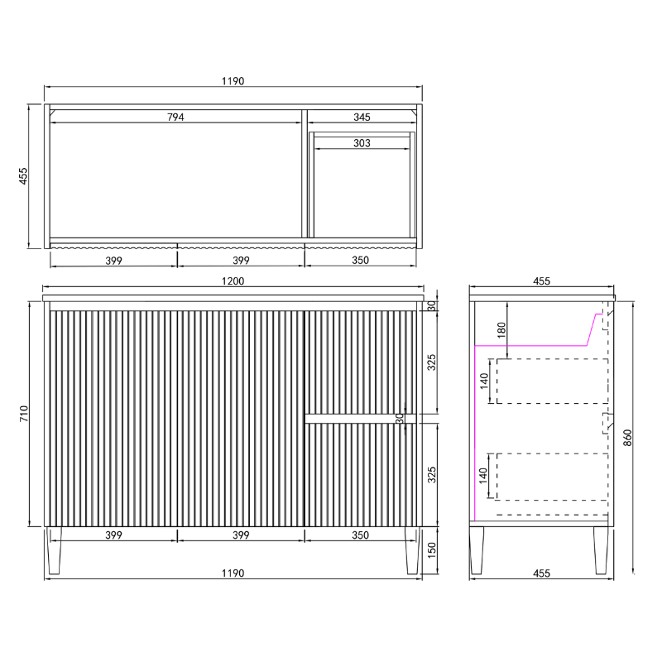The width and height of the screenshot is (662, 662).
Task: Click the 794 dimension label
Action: (x=175, y=117)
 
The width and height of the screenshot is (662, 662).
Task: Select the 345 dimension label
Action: (x=362, y=117)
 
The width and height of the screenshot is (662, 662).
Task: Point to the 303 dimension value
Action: (x=362, y=143)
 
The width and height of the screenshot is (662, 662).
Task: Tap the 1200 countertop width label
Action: (x=233, y=281)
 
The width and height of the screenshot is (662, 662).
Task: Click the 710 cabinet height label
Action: (x=24, y=413)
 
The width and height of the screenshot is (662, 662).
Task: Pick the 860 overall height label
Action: (x=627, y=438)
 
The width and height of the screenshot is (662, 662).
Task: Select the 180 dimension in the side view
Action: (x=501, y=329)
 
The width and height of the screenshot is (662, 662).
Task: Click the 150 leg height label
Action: (x=431, y=550)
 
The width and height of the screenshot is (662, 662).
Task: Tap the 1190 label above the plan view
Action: (x=233, y=81)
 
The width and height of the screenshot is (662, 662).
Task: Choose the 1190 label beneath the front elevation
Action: (x=233, y=573)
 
